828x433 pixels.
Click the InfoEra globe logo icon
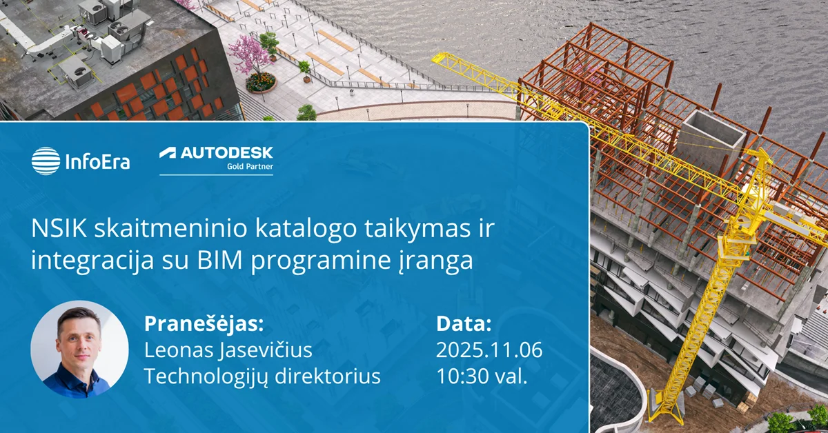coord(46,161)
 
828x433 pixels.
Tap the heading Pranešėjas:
coord(204,324)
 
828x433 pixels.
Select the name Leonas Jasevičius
coord(228,350)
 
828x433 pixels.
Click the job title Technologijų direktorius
coord(262,376)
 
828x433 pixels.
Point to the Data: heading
coord(464,324)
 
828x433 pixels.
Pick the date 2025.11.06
coord(489,350)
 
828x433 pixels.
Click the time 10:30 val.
coord(482,376)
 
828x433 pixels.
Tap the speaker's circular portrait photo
coord(79,349)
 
